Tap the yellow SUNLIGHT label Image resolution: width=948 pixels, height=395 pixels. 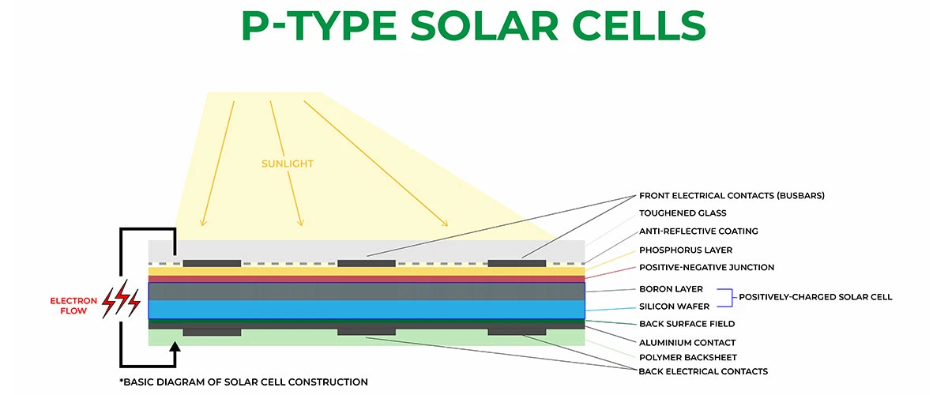[288, 164]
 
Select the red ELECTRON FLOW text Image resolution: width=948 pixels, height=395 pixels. [73, 306]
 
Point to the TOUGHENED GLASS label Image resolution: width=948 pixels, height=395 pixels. [683, 213]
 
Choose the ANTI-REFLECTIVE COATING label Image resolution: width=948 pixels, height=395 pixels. [698, 231]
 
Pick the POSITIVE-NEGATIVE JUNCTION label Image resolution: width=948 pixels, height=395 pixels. [706, 268]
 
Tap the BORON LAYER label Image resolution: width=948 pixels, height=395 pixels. [671, 289]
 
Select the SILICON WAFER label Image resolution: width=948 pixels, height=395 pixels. [674, 306]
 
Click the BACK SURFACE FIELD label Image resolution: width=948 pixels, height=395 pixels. [687, 324]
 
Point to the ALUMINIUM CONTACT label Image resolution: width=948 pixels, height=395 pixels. [687, 343]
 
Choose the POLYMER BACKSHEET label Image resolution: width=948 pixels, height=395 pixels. [688, 357]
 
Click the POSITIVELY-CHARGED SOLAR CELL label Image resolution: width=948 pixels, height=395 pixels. [815, 297]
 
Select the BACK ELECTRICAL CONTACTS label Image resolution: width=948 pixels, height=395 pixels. [703, 371]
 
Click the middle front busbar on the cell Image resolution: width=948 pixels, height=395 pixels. [367, 263]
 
